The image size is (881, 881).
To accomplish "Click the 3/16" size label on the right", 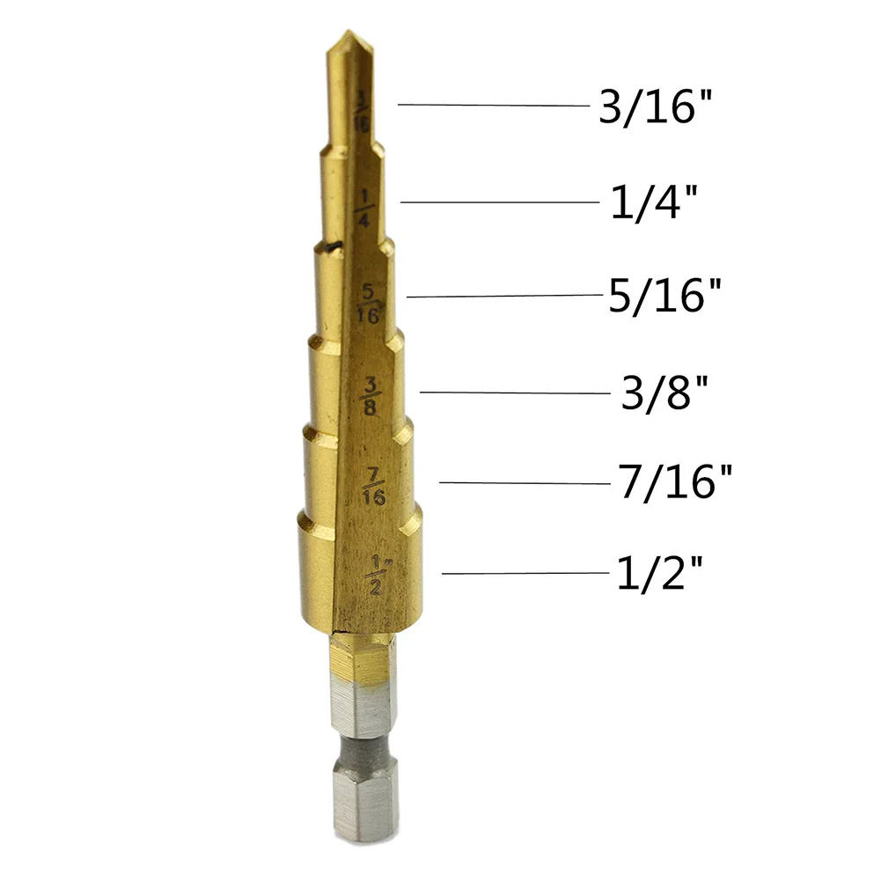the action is (x=655, y=106).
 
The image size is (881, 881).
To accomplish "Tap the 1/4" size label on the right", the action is (x=653, y=202).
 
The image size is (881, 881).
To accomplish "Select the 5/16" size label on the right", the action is (x=664, y=295).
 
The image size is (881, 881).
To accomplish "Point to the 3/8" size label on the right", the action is (x=664, y=393).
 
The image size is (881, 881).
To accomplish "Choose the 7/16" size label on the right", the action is (x=675, y=481).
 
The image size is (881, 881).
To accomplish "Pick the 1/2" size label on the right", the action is (x=659, y=573).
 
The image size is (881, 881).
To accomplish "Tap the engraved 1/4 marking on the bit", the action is (x=363, y=209).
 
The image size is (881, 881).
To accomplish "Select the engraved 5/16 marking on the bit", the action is (x=369, y=304).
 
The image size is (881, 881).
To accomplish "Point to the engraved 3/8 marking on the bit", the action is (x=370, y=396).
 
